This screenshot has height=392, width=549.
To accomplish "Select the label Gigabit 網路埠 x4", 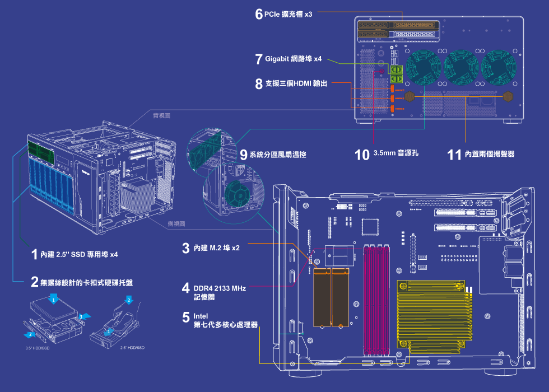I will (293, 59).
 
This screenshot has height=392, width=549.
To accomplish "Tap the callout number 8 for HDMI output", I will (258, 84).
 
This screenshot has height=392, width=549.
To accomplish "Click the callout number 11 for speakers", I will (454, 154).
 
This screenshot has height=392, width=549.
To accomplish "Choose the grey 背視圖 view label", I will (162, 116).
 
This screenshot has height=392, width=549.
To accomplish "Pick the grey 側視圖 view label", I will (177, 223).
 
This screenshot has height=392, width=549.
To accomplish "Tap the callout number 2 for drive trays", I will (35, 282).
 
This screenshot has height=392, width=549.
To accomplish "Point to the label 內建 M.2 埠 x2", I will (216, 248).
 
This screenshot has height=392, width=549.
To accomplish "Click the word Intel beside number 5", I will (201, 316).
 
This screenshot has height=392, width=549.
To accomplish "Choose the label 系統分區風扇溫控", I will (277, 155).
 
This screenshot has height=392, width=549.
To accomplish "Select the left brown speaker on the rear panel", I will (410, 96).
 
